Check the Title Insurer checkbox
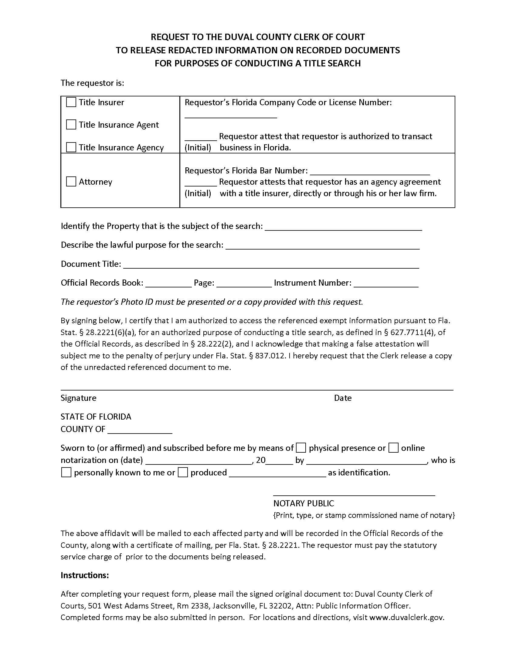pyautogui.click(x=71, y=102)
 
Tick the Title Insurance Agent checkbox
pyautogui.click(x=71, y=125)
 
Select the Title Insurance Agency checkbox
pyautogui.click(x=71, y=147)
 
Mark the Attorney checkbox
pyautogui.click(x=71, y=181)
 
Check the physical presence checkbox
pyautogui.click(x=301, y=448)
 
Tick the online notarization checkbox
pyautogui.click(x=393, y=448)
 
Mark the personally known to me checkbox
pyautogui.click(x=66, y=472)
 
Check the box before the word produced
pyautogui.click(x=182, y=472)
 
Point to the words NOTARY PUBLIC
pyautogui.click(x=304, y=503)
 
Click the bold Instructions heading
pyautogui.click(x=85, y=575)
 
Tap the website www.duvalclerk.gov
pyautogui.click(x=406, y=617)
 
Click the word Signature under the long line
pyautogui.click(x=78, y=398)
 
